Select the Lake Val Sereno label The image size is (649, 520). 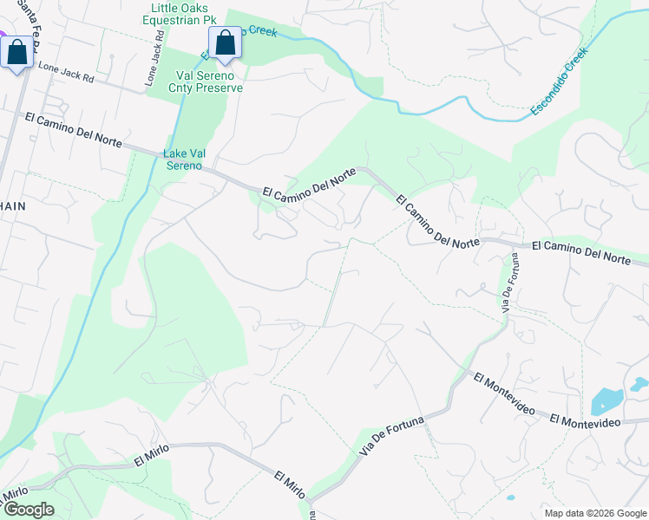tap(185, 159)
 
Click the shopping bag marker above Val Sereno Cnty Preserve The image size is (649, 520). tap(225, 42)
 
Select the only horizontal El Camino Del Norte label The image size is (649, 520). tap(580, 253)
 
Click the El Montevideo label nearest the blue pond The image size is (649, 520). tap(584, 420)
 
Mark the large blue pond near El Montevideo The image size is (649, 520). tap(606, 401)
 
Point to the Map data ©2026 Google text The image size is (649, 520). tap(594, 513)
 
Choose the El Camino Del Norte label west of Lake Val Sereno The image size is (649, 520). tap(76, 133)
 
